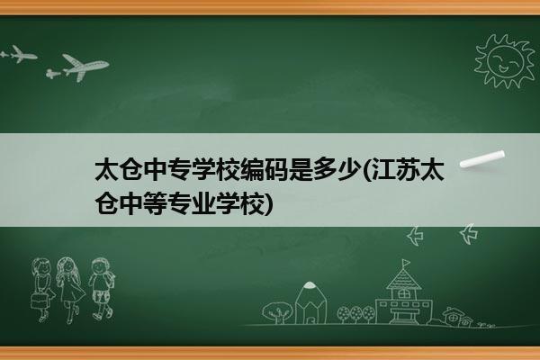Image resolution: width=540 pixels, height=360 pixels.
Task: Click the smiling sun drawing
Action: point(505,61)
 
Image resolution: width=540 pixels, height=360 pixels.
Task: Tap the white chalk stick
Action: point(482,158)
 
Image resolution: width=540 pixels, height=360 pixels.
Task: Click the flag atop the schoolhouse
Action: point(407,263)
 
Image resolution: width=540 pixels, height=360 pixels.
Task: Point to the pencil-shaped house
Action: point(310,302)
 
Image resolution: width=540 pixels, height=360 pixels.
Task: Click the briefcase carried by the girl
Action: point(39,301)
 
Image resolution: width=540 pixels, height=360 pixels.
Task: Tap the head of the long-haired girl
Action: point(67,266)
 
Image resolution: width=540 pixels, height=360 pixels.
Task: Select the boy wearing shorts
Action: point(101,288)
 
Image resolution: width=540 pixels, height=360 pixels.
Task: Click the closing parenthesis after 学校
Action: point(269,204)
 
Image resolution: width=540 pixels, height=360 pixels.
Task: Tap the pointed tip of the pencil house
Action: point(310,283)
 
